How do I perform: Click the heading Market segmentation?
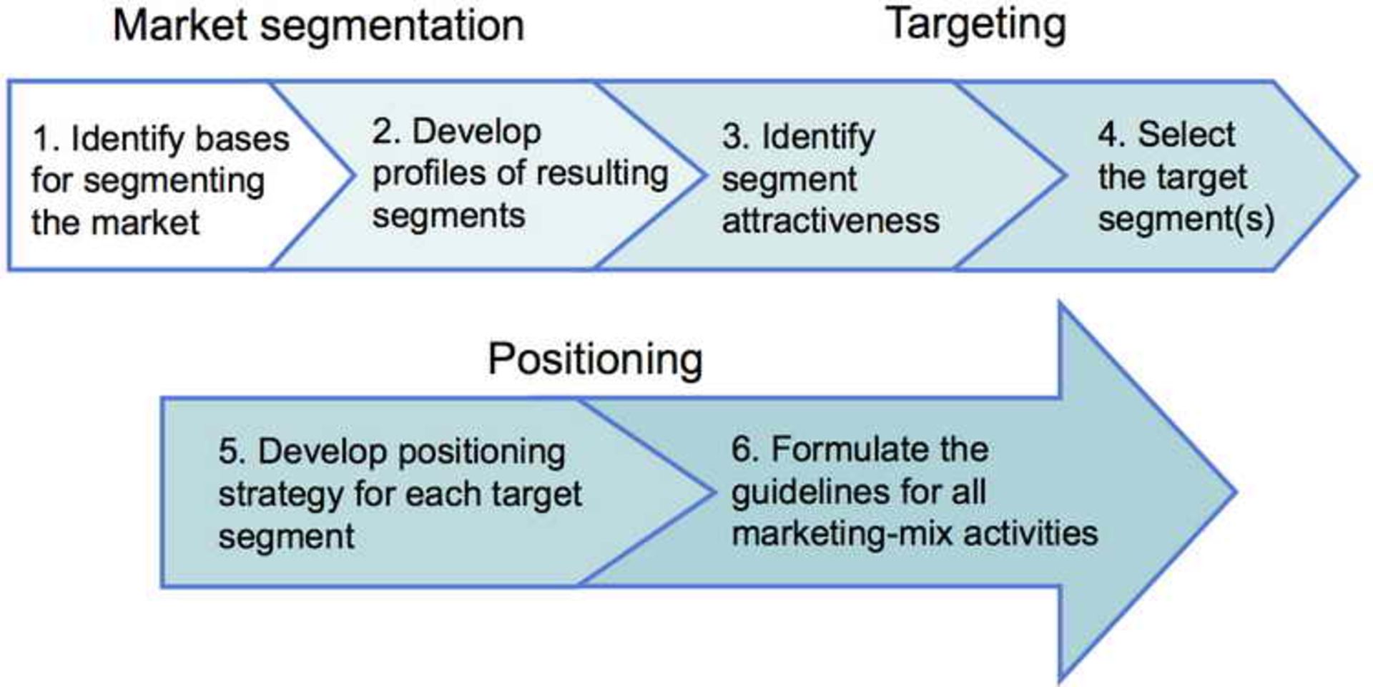click(x=318, y=26)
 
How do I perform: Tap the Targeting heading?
click(x=976, y=26)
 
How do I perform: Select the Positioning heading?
click(x=595, y=359)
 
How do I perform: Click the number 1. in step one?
click(x=46, y=139)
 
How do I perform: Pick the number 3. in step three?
click(x=736, y=137)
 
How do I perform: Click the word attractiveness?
click(x=830, y=220)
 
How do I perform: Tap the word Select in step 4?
click(x=1186, y=135)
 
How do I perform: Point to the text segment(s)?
click(x=1186, y=219)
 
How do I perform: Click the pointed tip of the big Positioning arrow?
click(x=1233, y=492)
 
